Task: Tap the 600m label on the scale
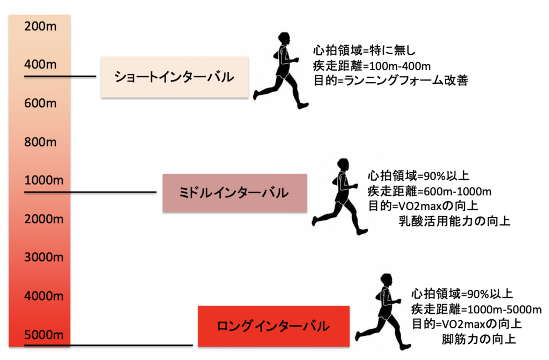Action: [41, 104]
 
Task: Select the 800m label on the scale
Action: [41, 142]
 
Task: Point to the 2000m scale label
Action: [44, 219]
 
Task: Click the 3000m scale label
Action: [44, 257]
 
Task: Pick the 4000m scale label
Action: [44, 296]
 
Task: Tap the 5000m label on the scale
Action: [44, 334]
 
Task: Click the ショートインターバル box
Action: [175, 77]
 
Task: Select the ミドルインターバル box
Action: [234, 193]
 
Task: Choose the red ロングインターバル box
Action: [273, 326]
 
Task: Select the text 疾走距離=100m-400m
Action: [373, 66]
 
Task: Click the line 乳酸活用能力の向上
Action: [454, 221]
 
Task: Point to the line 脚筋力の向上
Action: [479, 339]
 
